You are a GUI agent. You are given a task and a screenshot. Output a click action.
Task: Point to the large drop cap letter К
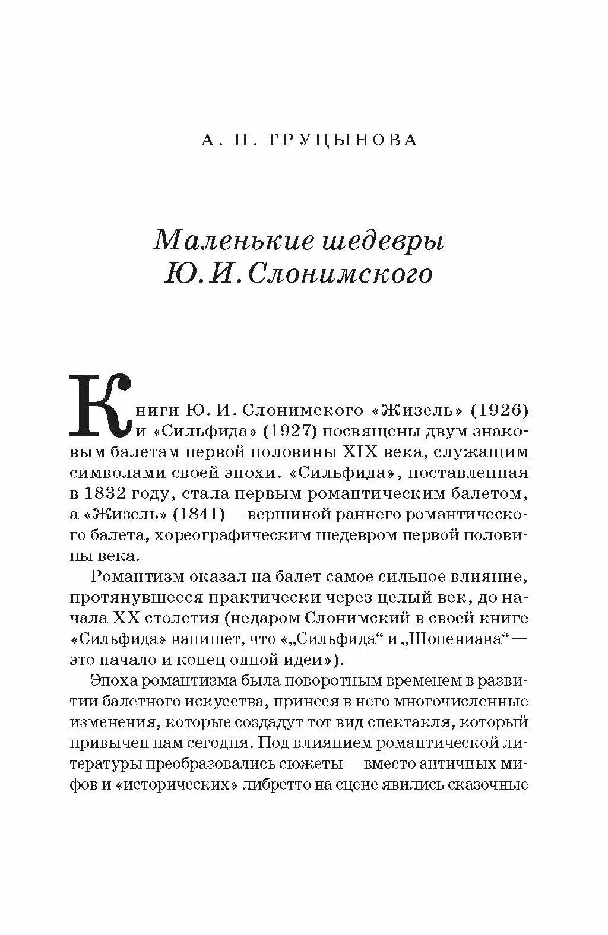point(100,404)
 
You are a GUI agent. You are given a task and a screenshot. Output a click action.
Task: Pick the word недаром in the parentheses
point(265,617)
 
